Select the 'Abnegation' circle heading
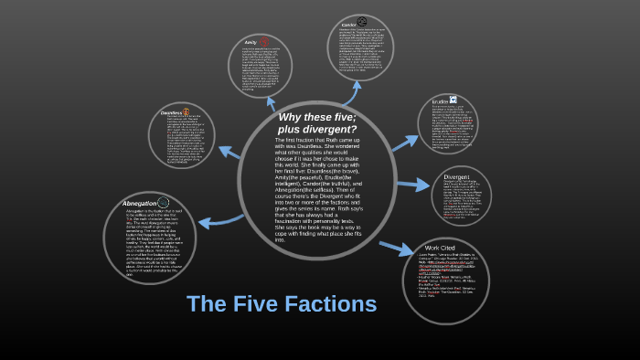pos(140,203)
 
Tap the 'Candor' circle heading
pos(348,24)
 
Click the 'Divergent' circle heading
pos(456,175)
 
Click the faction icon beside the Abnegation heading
pos(163,203)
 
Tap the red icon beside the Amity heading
pos(264,41)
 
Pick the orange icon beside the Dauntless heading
pos(187,112)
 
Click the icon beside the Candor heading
pos(362,22)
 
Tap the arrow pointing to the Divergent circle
pos(412,184)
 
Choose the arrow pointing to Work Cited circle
pos(396,247)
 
